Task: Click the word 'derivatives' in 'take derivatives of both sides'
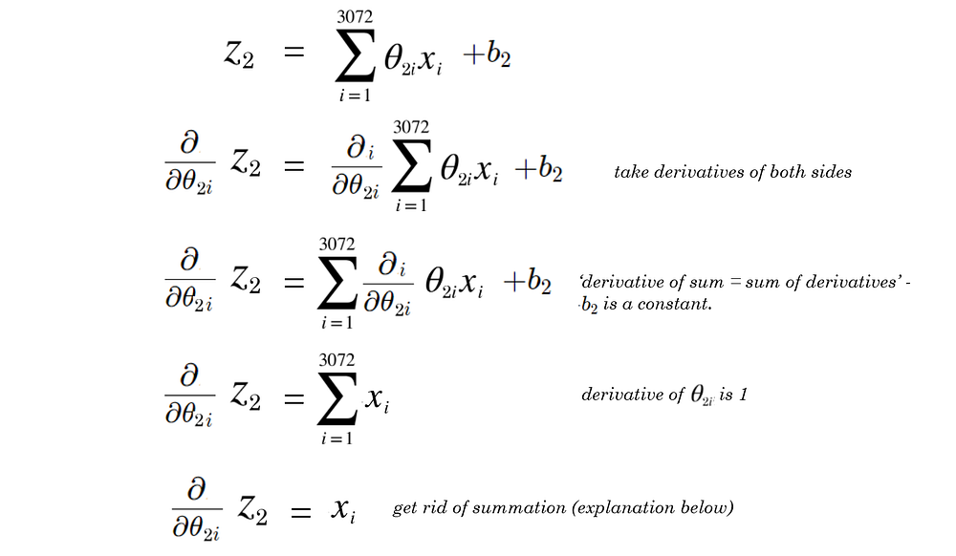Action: pyautogui.click(x=690, y=173)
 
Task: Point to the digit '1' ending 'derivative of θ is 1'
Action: pyautogui.click(x=744, y=395)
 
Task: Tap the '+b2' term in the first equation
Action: pyautogui.click(x=487, y=57)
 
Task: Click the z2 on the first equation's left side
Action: pyautogui.click(x=238, y=56)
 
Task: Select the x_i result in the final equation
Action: pyautogui.click(x=343, y=511)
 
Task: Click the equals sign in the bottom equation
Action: pyautogui.click(x=300, y=514)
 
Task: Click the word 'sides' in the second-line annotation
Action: pyautogui.click(x=831, y=173)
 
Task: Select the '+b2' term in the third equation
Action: pyautogui.click(x=527, y=283)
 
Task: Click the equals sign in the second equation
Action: pyautogui.click(x=293, y=168)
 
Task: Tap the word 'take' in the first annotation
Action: pyautogui.click(x=631, y=173)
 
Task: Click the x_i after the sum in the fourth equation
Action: pyautogui.click(x=377, y=401)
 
